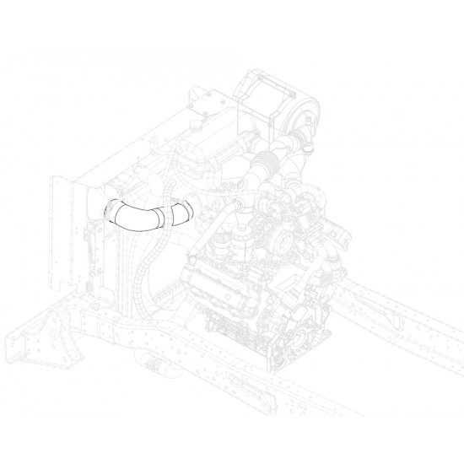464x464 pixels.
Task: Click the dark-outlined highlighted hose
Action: click(139, 217)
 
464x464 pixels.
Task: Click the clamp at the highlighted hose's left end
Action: click(110, 208)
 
